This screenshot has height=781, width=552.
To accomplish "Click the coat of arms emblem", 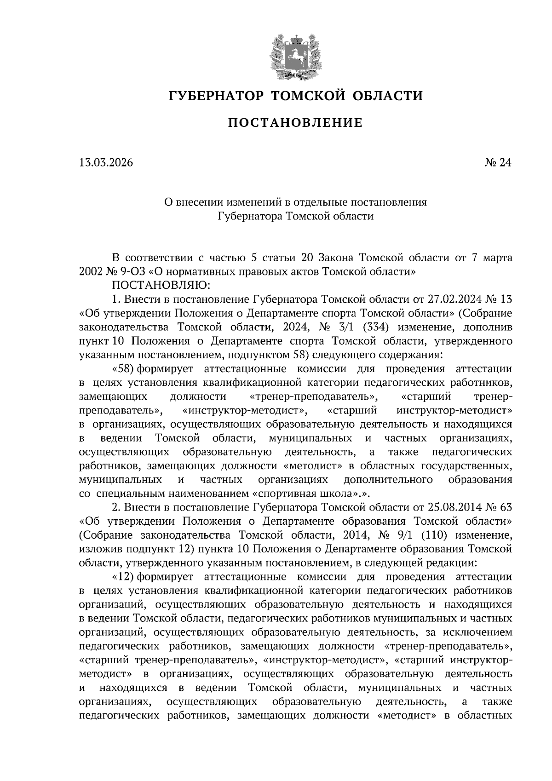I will [295, 57].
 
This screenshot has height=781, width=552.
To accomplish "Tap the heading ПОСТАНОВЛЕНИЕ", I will [295, 123].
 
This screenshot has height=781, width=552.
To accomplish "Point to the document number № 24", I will [498, 162].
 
